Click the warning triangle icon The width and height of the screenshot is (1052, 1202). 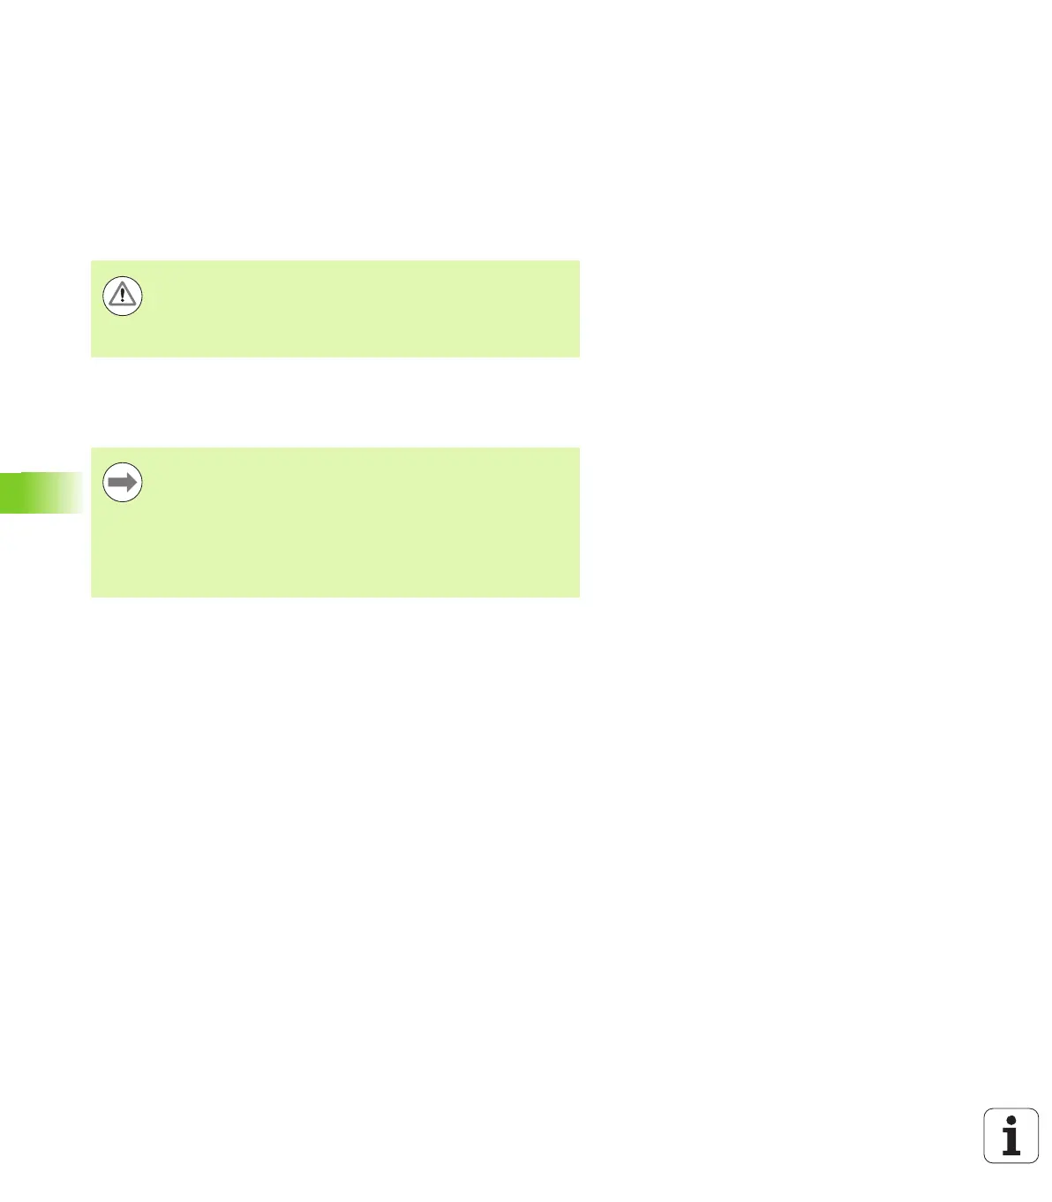(123, 296)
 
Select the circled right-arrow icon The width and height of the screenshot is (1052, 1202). (123, 483)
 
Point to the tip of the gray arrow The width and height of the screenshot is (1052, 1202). (139, 483)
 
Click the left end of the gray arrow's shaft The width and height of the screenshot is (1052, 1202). (109, 483)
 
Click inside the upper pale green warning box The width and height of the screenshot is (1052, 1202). (353, 309)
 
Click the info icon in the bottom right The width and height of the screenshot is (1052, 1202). (1011, 1136)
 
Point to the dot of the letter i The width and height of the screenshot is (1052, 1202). (1011, 1121)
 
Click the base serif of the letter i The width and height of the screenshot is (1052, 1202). (1011, 1153)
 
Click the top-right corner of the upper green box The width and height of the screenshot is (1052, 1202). (579, 260)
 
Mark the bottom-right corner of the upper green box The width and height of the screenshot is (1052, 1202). (579, 357)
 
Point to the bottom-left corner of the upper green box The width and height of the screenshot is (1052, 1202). (92, 357)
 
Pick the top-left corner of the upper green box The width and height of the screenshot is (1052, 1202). (92, 260)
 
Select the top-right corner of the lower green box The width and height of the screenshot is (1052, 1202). (579, 448)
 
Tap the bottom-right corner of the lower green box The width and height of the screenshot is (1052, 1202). (579, 597)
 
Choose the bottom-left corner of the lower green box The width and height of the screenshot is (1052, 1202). (92, 597)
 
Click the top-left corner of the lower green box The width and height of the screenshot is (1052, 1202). (92, 448)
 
